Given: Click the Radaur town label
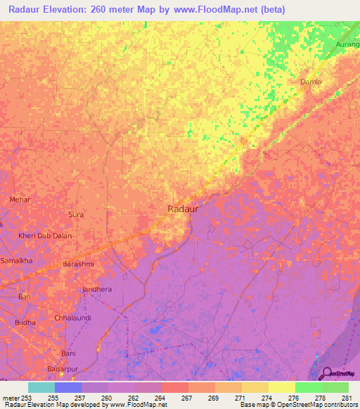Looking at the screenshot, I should coord(182,209).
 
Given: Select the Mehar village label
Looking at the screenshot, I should coord(20,200).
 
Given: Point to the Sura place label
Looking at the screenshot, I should coord(75,214).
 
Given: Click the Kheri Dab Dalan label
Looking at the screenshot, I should coord(46,236).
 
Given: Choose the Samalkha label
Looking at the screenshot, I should coord(17,260).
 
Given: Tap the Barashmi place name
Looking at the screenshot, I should coord(78,264).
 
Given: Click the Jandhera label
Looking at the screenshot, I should coord(97,289).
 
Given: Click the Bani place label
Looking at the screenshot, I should coord(68,352).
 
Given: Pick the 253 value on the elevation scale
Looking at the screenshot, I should coord(25,398).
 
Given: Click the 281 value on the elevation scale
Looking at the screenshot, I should coord(347,398).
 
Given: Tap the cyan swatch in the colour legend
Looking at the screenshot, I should coord(41,387).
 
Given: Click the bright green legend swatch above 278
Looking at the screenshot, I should coord(308,387).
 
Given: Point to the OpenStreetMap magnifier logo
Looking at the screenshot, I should coord(326,373).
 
